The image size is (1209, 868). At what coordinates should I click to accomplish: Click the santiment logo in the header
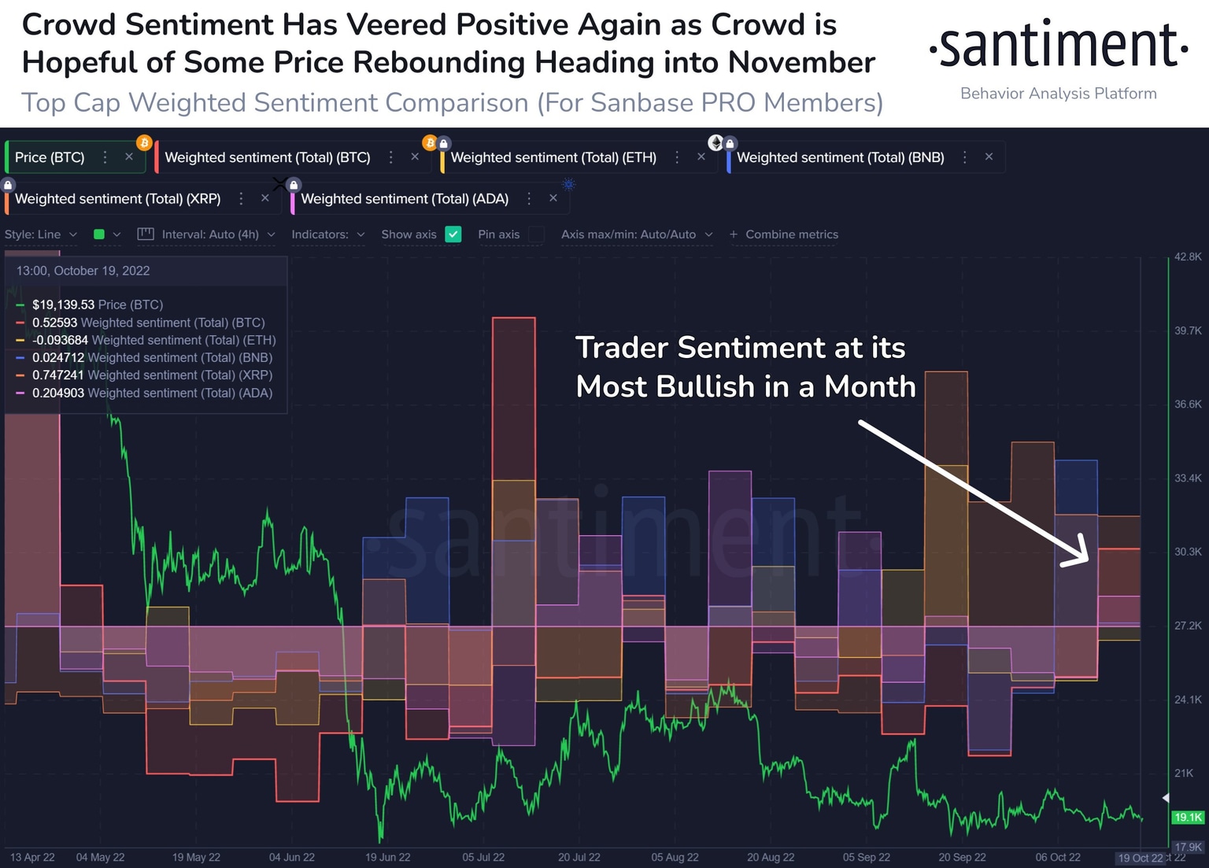pos(1058,46)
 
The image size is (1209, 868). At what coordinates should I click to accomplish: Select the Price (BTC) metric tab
pos(50,157)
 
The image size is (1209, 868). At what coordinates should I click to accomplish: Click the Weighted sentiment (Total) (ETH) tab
pos(553,157)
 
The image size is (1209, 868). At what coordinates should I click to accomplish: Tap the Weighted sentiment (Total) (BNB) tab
pos(840,157)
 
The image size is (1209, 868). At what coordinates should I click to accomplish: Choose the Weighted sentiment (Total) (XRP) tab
pos(117,199)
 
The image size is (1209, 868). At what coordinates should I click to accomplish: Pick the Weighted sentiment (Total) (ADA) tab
pos(404,199)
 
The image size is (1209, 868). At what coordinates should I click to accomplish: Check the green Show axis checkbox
pos(453,235)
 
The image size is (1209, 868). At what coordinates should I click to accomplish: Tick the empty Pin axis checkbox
pos(536,235)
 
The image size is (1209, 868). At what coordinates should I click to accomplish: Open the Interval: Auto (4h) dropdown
pos(209,235)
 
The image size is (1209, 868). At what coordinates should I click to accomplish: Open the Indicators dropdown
pos(327,235)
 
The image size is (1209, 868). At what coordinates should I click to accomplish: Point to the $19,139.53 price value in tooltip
pos(63,305)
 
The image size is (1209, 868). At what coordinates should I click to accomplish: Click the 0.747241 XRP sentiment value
pos(57,375)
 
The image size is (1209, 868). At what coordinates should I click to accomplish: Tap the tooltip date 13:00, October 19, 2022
pos(83,271)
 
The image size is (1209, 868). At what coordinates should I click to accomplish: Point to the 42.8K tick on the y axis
pos(1188,257)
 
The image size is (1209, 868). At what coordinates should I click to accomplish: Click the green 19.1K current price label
pos(1188,818)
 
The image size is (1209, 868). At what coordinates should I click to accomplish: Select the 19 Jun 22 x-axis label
pos(387,857)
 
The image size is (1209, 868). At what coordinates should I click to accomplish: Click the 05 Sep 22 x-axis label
pos(866,857)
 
